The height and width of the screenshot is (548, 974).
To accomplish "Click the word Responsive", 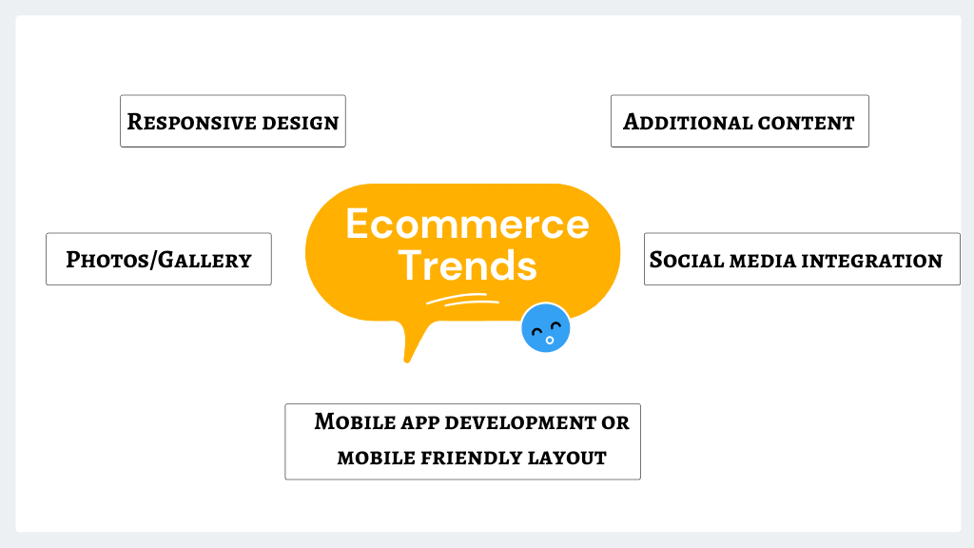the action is [191, 122].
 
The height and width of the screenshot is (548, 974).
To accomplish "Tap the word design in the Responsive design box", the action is [301, 123].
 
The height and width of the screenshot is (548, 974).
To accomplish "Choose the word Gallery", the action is [205, 260].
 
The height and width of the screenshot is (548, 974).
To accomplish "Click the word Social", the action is [687, 260].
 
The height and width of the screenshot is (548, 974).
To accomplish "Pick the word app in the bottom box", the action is [420, 423].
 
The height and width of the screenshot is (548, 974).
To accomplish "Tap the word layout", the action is [567, 458].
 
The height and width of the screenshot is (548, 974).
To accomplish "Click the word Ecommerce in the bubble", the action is [467, 224].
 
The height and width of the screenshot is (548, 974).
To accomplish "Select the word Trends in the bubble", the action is [467, 265].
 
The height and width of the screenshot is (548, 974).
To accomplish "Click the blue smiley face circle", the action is [545, 327].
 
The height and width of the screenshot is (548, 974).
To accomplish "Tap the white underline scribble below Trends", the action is [463, 300].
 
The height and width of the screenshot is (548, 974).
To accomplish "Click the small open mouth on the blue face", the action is [550, 340].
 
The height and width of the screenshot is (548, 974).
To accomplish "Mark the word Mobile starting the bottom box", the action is [355, 421].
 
